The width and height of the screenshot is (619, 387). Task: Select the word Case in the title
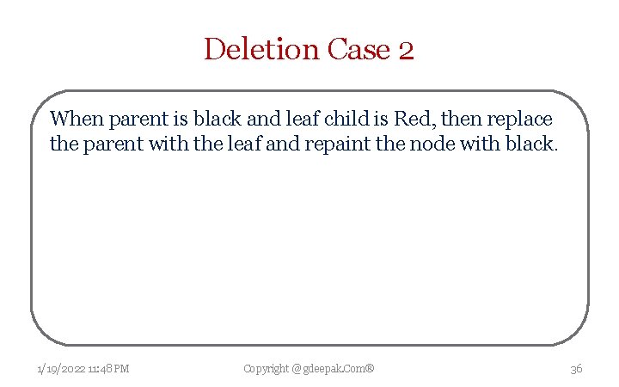click(359, 49)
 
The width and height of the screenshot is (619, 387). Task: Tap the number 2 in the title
click(407, 51)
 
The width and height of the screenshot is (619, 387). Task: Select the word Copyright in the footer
click(266, 369)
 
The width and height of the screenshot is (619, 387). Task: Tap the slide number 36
click(576, 369)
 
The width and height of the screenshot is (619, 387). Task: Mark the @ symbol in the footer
click(297, 369)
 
